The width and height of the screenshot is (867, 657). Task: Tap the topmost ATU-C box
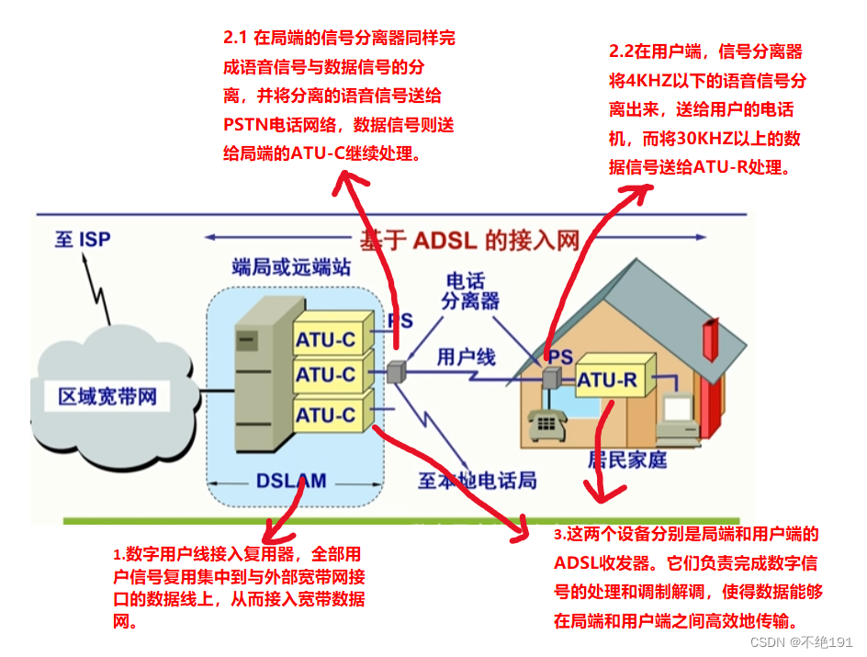pos(325,339)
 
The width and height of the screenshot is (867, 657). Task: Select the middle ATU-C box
pos(325,375)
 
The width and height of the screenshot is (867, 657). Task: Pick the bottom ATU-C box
pos(325,414)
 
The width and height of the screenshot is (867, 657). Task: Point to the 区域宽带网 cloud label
pos(107,397)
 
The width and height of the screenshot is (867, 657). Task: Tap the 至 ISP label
pos(83,240)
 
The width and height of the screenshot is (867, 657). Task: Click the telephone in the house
pos(548,424)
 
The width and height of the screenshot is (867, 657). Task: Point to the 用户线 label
pos(467,356)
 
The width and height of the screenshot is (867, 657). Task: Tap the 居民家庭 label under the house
pos(628,460)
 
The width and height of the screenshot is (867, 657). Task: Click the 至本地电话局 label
pos(478,480)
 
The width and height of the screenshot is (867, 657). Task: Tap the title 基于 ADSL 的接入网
pos(469,241)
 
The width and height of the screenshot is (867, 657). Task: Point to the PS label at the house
pos(560,355)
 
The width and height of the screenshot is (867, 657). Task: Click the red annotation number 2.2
pos(623,52)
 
